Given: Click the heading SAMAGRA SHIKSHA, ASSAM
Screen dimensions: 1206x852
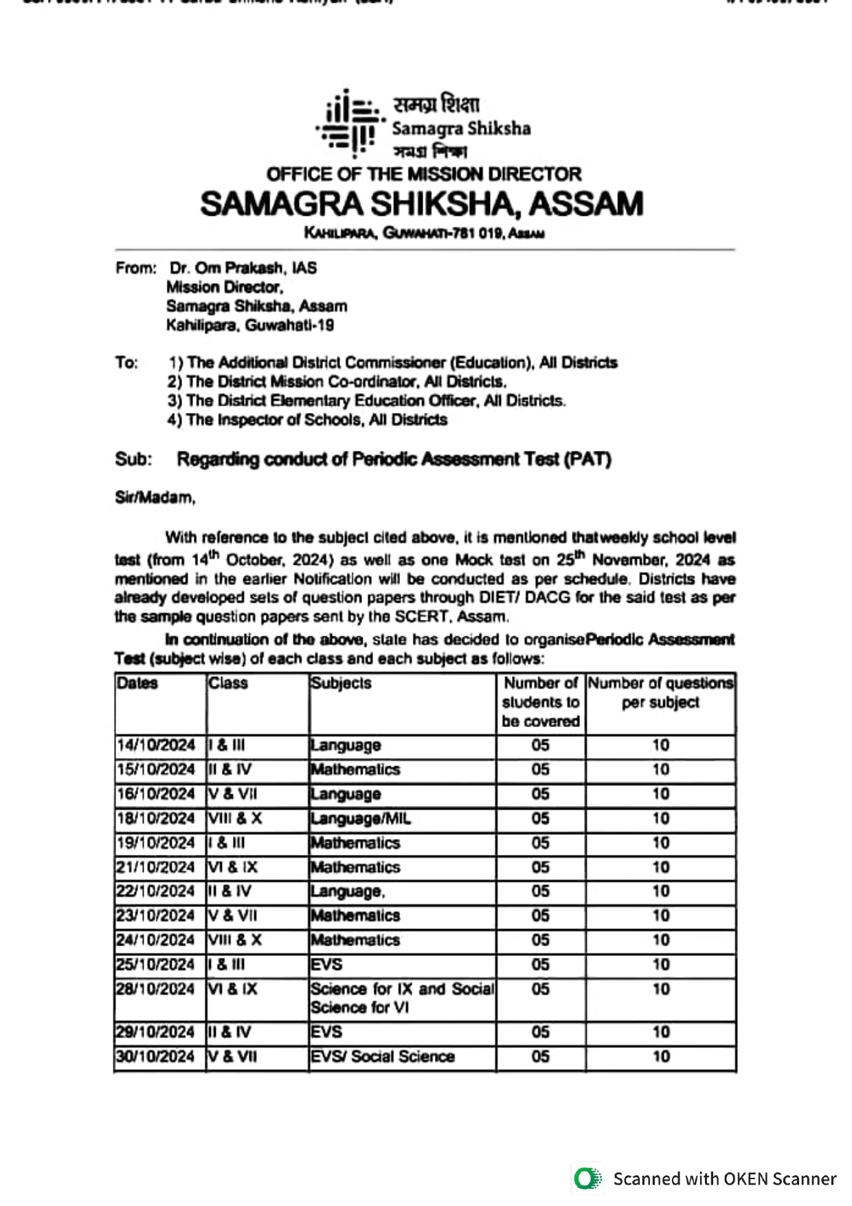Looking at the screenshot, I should tap(422, 204).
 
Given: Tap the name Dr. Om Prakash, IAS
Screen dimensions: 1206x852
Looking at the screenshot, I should tap(243, 268).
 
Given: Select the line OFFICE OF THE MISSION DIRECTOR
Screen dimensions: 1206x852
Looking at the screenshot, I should tap(424, 174).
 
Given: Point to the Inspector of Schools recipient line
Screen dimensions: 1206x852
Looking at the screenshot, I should tap(307, 420).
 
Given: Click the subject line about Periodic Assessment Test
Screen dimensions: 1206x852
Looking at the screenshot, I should tap(394, 459).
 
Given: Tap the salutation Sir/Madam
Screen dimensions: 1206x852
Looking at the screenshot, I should tap(155, 498).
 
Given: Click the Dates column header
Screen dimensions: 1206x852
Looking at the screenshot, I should tap(137, 683).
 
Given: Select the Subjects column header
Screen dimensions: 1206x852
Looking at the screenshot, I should tap(341, 683).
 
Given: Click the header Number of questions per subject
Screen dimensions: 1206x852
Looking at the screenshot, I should tap(660, 693).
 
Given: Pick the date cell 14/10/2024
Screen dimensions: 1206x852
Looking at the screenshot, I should tap(156, 746).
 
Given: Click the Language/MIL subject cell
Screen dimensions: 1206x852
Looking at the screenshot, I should tap(361, 818).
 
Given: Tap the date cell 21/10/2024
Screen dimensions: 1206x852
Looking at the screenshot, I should tap(156, 867).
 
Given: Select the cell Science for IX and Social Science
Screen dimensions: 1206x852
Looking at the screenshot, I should tap(402, 998).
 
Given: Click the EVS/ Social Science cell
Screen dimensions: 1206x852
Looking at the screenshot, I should tap(383, 1056).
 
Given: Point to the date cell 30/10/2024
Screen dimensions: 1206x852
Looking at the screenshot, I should tap(156, 1056).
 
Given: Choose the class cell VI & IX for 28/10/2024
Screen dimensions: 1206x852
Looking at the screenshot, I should tap(233, 989).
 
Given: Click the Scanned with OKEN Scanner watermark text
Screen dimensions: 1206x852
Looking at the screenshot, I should tap(724, 1179).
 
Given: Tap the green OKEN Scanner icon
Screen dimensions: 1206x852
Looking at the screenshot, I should tap(587, 1179).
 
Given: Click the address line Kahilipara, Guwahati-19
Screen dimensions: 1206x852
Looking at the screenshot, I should tap(250, 325).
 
